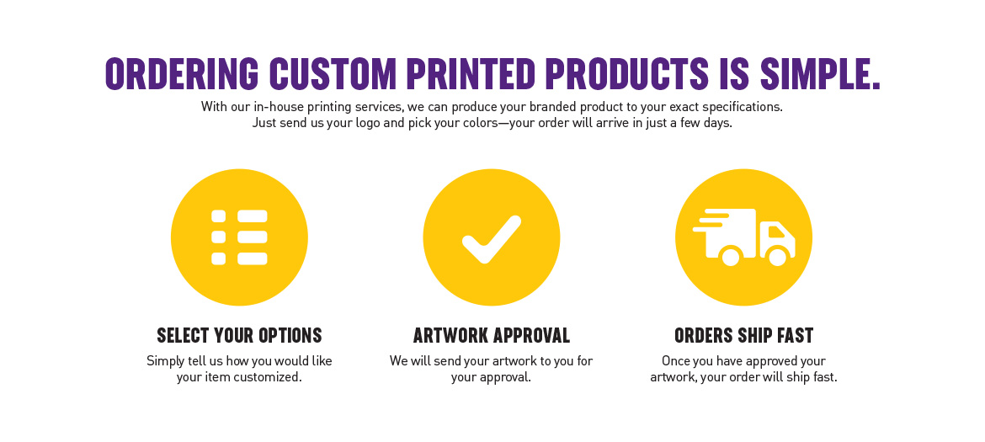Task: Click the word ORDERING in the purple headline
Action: pos(182,74)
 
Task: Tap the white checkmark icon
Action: pos(492,239)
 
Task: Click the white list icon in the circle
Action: pos(239,237)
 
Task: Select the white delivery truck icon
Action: pos(744,237)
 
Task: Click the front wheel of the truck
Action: pos(778,257)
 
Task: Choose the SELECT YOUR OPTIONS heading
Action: pos(239,336)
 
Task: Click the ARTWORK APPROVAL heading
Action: pos(492,336)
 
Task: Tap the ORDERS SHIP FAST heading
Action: pos(744,336)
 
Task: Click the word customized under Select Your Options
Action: pos(264,377)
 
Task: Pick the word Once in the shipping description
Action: pos(677,361)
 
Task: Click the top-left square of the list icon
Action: pos(218,216)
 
